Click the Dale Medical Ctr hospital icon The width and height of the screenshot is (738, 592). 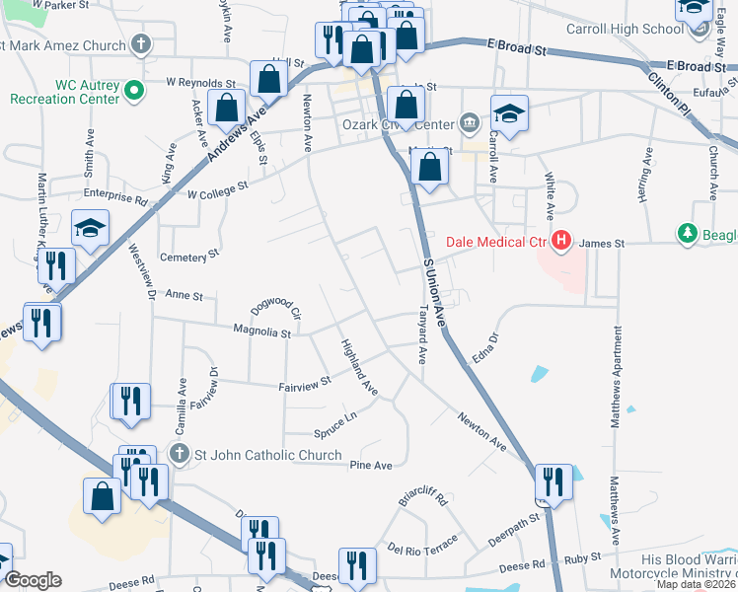(561, 240)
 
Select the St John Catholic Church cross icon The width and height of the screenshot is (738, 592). (179, 454)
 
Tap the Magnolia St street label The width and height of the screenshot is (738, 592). (261, 333)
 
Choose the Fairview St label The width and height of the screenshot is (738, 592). (305, 383)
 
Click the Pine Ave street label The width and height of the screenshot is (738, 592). (371, 465)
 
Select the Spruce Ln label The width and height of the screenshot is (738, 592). (334, 431)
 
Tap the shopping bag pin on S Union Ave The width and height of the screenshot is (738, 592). (430, 166)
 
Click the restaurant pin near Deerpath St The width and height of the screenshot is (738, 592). (551, 482)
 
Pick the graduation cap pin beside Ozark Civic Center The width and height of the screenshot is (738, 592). (509, 113)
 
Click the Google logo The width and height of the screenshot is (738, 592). (32, 579)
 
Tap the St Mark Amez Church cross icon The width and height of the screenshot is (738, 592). (141, 44)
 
